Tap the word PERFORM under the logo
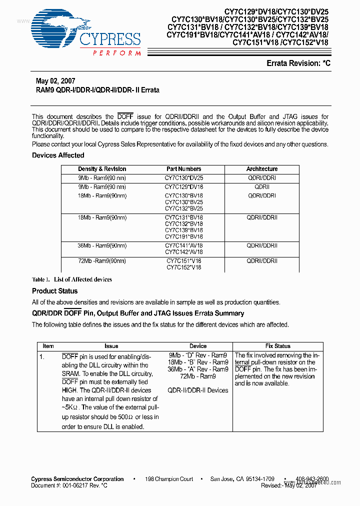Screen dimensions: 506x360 [x=116, y=53]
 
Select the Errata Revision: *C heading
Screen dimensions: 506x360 [x=298, y=63]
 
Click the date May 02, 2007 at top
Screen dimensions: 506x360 [x=55, y=81]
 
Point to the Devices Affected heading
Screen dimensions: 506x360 [x=58, y=155]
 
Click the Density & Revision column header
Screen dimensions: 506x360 [x=102, y=169]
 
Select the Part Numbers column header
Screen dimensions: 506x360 [x=183, y=169]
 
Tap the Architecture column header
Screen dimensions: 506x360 [x=261, y=169]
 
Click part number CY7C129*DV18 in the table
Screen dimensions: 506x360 [x=183, y=187]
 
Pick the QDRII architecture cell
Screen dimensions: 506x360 [x=261, y=187]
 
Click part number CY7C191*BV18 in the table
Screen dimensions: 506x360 [x=183, y=236]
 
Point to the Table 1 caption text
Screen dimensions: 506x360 [x=72, y=279]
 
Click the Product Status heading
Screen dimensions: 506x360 [x=55, y=291]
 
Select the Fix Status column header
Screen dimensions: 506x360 [x=277, y=346]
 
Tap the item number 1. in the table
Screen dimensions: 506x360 [x=42, y=357]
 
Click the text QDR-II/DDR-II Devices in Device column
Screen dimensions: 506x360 [x=197, y=390]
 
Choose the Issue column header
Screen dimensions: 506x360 [x=111, y=346]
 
